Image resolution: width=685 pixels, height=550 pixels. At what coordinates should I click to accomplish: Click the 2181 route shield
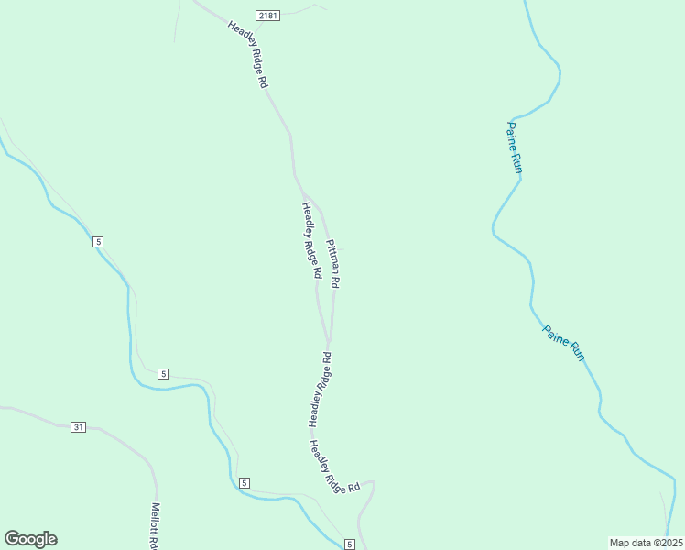(267, 16)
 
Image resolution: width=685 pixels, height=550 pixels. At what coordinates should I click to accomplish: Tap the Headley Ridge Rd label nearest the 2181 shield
(248, 54)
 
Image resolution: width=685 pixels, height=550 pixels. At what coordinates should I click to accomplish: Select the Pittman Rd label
(332, 264)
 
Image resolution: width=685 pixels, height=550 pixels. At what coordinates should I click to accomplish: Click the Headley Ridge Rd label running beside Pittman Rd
(311, 240)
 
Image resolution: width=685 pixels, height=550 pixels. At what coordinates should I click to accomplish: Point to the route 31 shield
(78, 426)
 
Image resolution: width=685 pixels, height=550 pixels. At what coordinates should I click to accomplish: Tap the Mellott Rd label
(156, 524)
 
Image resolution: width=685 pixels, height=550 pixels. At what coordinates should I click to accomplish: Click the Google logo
(30, 539)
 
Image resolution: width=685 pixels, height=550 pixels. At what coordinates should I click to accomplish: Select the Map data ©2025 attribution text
(646, 543)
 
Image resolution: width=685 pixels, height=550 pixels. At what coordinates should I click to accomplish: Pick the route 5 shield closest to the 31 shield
(162, 373)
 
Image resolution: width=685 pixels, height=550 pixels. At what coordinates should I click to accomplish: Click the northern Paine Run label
(515, 147)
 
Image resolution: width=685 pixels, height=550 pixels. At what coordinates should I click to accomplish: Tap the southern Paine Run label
(563, 342)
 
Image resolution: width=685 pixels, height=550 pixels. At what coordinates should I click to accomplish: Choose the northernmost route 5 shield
(98, 241)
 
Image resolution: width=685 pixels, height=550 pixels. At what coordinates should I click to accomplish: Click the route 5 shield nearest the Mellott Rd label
(244, 482)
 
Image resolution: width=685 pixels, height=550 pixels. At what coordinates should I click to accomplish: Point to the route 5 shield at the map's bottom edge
(349, 544)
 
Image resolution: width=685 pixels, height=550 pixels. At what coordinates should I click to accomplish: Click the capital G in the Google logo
(12, 539)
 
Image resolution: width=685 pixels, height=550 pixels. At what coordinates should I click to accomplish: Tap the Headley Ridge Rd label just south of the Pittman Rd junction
(319, 390)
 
